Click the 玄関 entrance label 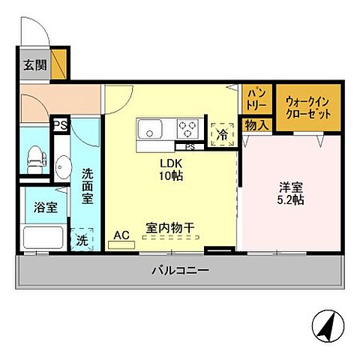coord(34,64)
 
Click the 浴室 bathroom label coord(34,207)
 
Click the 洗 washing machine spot coord(82,239)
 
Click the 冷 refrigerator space coord(222,133)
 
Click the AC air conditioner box coord(121,235)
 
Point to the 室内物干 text coord(172,225)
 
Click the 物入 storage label coord(256,124)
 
